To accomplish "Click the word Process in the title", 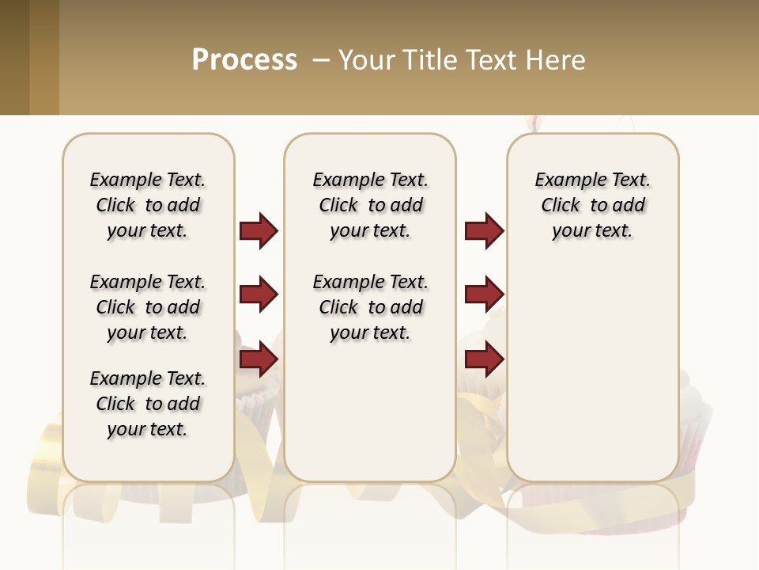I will [244, 59].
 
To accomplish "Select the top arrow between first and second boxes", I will [259, 230].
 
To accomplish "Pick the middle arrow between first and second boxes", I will [259, 295].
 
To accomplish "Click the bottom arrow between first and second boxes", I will [259, 359].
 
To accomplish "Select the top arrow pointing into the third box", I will [484, 230].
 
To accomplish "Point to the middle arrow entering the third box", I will [484, 295].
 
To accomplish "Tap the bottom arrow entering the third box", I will [484, 359].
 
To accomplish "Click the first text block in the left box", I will [148, 205].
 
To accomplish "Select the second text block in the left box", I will [148, 307].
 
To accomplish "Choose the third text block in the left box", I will [148, 404].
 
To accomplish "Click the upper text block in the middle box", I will [370, 205].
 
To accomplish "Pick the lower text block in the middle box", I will [370, 307].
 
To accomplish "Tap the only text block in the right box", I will [592, 205].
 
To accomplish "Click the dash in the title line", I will [321, 59].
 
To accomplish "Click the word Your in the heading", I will [367, 59].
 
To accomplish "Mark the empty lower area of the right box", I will [592, 372].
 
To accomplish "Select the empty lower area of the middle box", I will [370, 412].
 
